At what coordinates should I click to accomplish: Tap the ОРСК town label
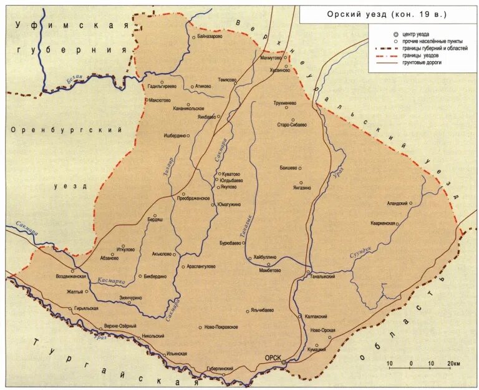(x=272, y=358)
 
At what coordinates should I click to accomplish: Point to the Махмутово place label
(x=272, y=57)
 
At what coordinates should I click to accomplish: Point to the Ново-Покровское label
(x=221, y=326)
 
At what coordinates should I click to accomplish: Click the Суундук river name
(x=361, y=251)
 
